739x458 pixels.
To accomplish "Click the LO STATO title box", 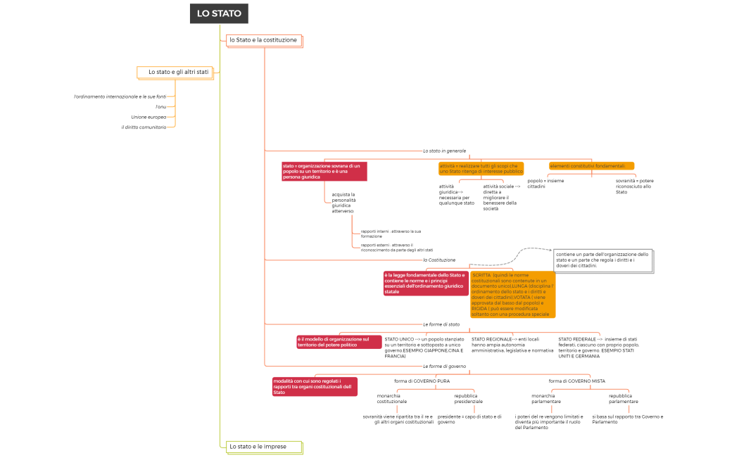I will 219,13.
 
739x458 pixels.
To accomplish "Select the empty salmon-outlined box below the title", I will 264,41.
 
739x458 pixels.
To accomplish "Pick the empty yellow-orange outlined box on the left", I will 175,72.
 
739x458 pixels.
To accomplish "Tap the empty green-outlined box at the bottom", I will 264,447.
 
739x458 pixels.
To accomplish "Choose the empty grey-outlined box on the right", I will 603,260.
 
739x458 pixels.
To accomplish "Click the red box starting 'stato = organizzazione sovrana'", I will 324,171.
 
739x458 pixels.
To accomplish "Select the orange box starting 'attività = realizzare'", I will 481,168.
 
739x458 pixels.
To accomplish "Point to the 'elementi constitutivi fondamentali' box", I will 592,166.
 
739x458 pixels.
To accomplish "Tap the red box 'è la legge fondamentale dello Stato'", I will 426,283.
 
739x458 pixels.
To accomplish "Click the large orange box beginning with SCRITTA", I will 513,294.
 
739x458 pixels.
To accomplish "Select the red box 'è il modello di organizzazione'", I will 339,342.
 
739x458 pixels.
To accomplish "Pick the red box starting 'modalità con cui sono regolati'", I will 315,386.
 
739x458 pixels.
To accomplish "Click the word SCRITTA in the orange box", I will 481,275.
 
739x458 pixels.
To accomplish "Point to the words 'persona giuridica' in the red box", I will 302,177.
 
